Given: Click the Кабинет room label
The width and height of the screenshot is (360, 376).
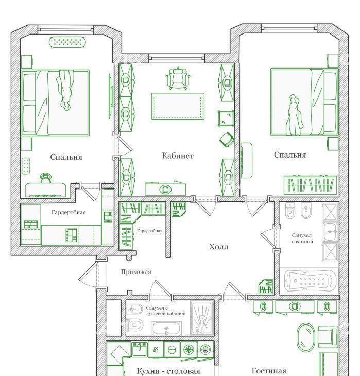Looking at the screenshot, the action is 178,156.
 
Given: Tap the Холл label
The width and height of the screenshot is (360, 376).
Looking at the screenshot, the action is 218,247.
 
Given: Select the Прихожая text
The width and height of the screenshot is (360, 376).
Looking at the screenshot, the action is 136,272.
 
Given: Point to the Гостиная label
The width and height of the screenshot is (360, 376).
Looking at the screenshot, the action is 269,371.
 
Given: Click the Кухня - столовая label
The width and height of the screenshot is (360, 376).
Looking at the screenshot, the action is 168,371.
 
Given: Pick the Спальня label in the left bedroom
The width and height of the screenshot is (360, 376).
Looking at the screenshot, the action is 66,157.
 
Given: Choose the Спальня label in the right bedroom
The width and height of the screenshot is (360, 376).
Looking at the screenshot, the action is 290,155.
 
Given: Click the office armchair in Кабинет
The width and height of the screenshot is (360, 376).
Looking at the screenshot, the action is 178,78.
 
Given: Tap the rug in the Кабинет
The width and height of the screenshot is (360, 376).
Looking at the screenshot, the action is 178,106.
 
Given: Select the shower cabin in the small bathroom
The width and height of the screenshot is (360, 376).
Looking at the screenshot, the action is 202,318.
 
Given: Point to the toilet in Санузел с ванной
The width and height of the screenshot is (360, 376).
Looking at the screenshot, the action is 290,211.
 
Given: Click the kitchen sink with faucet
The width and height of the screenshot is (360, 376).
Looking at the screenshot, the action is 140,349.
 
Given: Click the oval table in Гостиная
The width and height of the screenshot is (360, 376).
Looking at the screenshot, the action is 305,338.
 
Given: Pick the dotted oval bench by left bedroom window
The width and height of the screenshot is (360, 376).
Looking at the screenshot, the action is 67,42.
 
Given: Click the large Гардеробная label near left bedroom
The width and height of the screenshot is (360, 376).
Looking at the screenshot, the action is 68,212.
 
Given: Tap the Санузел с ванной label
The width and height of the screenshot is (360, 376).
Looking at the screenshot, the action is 302,238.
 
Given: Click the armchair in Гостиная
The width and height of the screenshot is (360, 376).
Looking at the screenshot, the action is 328,337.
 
